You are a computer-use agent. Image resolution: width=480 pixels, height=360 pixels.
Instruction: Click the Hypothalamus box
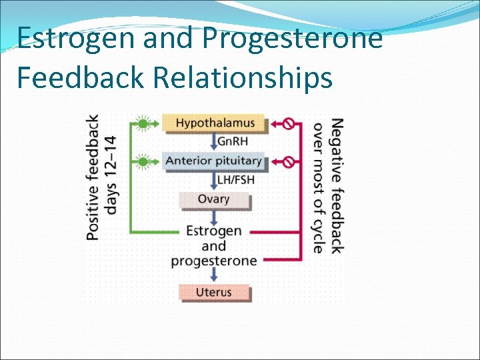tap(215, 123)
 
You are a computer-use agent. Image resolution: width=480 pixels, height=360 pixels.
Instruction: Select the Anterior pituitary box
tap(213, 161)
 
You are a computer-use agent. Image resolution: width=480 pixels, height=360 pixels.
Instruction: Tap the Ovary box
tap(213, 199)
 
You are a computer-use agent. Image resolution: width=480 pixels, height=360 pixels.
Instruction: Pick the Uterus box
tap(214, 292)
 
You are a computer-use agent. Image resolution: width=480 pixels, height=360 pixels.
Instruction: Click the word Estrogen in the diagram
tap(214, 231)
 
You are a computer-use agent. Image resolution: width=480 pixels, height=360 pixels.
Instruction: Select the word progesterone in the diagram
tap(214, 261)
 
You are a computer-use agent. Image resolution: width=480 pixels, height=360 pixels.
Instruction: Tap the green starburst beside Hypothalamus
tap(143, 123)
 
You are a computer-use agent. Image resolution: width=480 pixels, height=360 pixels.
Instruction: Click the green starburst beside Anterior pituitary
tap(143, 161)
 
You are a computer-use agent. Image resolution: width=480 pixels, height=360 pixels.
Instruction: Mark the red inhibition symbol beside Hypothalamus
tap(289, 123)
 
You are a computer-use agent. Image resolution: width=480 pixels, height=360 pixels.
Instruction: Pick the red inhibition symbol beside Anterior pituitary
tap(289, 161)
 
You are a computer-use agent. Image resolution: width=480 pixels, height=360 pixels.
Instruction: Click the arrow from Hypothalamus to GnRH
tap(213, 141)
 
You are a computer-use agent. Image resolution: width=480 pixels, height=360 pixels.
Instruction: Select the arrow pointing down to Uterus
tap(214, 275)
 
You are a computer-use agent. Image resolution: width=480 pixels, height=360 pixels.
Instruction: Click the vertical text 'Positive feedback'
tap(93, 177)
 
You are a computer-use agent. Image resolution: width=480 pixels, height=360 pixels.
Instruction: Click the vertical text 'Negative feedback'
tap(337, 186)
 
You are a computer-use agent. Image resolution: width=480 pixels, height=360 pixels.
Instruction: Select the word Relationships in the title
tap(242, 77)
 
